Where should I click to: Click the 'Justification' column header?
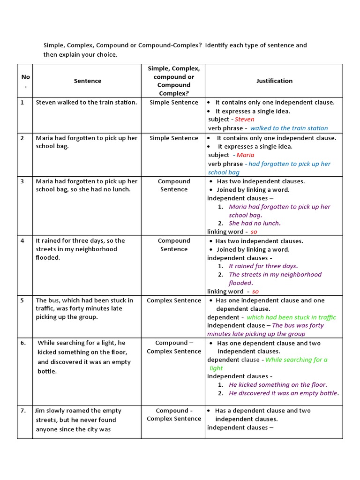tap(274, 81)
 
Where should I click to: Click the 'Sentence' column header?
tap(88, 81)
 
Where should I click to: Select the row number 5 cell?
tap(22, 300)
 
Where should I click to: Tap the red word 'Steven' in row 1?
tap(244, 120)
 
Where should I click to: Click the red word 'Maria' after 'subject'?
tap(245, 155)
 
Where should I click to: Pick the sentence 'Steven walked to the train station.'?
tap(87, 102)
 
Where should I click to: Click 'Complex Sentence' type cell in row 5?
tap(173, 300)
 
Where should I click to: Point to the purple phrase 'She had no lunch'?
tap(254, 224)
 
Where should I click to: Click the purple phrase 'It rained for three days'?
tap(262, 266)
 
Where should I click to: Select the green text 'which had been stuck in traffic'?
tap(291, 317)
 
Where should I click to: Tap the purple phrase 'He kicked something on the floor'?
tap(277, 385)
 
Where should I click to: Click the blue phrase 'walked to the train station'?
tap(289, 128)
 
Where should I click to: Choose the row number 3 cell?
tap(22, 181)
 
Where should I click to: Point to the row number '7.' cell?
tap(23, 411)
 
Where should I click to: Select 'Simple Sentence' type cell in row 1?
tap(173, 102)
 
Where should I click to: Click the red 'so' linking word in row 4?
tap(255, 292)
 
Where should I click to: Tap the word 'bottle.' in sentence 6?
tap(47, 371)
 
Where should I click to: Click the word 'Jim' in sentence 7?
tap(41, 410)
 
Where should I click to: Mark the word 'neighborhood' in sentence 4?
tap(97, 249)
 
